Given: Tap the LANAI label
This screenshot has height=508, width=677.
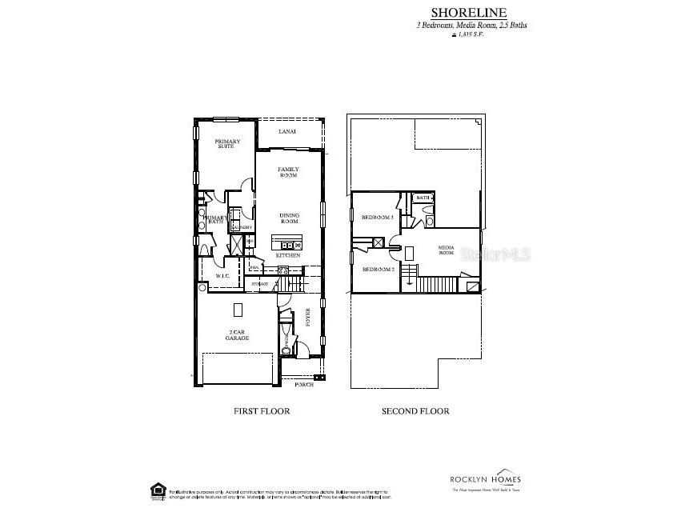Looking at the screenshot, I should (287, 132).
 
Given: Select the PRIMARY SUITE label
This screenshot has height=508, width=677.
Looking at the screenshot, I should (226, 144).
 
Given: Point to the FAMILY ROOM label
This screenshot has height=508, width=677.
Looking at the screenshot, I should (288, 172).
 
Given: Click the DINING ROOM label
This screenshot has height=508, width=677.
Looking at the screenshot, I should (289, 218).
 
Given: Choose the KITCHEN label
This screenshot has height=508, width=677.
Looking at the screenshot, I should (288, 255).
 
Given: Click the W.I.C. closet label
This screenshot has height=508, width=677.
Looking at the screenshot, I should (222, 276).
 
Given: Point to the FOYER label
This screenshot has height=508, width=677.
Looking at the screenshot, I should (308, 318).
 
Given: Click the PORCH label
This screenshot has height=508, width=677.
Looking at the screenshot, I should (304, 385).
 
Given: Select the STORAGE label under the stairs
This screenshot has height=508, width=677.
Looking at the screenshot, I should (260, 284).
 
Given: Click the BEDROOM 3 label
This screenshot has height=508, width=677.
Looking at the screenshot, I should (377, 218).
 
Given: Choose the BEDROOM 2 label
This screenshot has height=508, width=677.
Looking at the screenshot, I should (378, 270).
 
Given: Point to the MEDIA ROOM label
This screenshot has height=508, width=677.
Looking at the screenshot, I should (447, 251).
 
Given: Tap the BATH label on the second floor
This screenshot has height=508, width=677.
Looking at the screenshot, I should (423, 198).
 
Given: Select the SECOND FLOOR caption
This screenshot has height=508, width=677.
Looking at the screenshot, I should (415, 411).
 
